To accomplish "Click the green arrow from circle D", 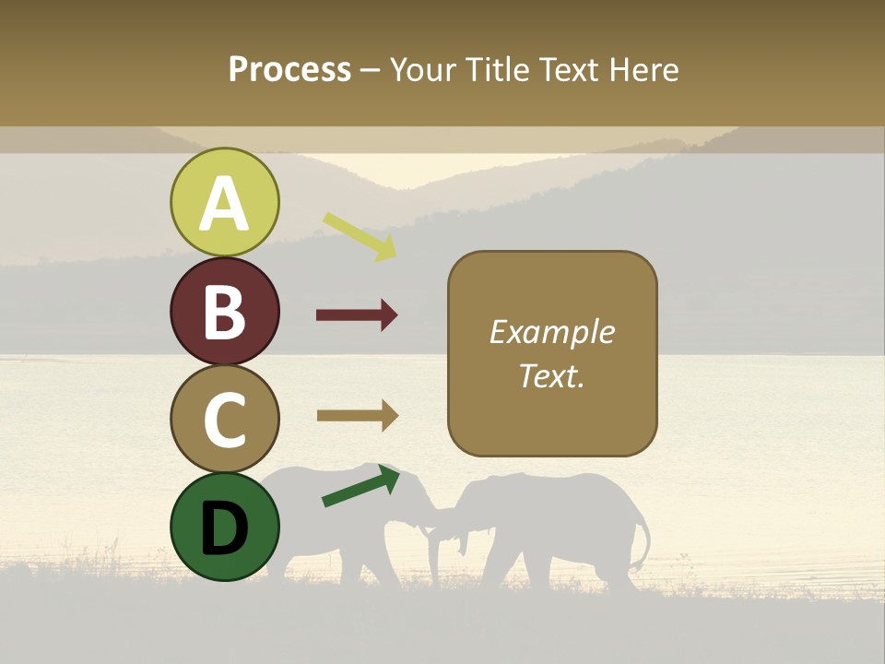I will click(x=360, y=487).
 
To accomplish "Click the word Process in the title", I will click(x=289, y=70).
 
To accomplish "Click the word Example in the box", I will click(x=551, y=332).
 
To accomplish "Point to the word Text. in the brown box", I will click(x=551, y=376).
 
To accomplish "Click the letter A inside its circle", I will click(x=225, y=205).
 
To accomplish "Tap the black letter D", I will click(x=225, y=528).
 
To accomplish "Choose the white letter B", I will click(x=225, y=312).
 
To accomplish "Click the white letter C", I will click(x=225, y=421).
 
